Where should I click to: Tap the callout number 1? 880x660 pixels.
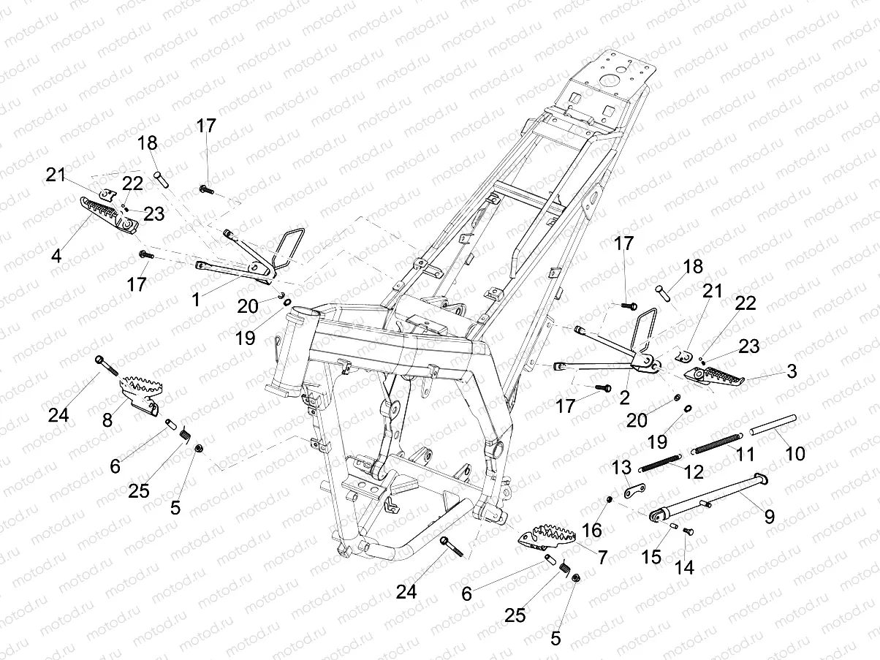pyautogui.click(x=194, y=299)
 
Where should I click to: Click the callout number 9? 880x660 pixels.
pyautogui.click(x=769, y=517)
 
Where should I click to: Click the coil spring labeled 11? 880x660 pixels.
pyautogui.click(x=716, y=444)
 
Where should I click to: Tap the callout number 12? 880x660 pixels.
pyautogui.click(x=694, y=472)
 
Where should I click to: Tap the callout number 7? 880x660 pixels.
pyautogui.click(x=602, y=558)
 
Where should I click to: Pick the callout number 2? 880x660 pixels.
pyautogui.click(x=624, y=398)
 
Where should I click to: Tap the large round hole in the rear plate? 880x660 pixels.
pyautogui.click(x=605, y=82)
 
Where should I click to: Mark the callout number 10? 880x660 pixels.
pyautogui.click(x=794, y=453)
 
